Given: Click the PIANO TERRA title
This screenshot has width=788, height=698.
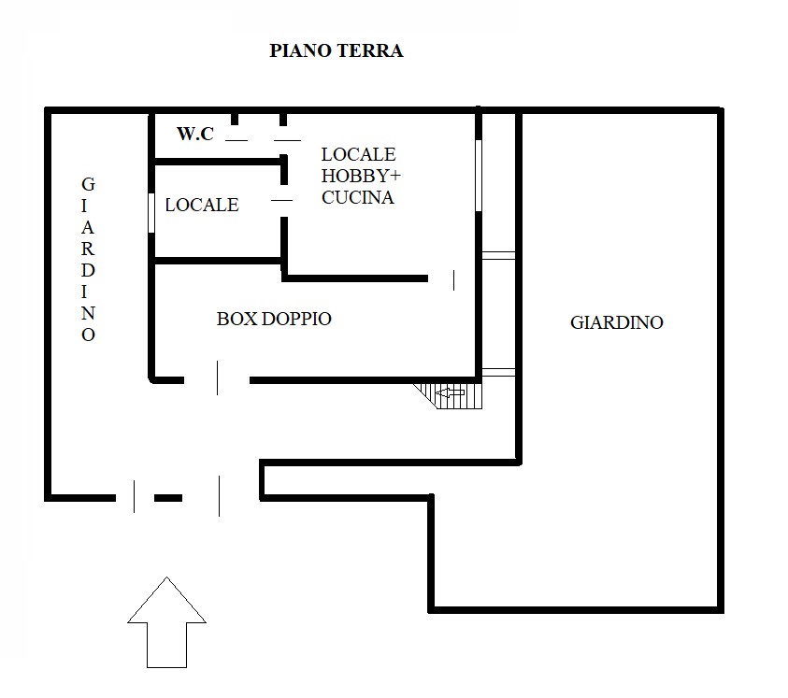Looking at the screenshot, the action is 337,50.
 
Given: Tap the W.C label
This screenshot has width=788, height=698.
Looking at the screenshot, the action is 195,134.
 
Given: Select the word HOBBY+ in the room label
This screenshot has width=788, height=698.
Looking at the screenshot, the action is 361,176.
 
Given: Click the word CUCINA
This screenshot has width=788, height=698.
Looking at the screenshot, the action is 358,197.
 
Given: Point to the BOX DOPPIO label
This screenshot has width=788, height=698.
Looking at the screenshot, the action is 274,319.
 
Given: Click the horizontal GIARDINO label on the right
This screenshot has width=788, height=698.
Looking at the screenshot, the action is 617,322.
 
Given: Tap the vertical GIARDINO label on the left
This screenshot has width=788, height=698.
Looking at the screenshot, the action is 88,260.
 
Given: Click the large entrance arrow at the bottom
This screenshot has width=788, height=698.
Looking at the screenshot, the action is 166,622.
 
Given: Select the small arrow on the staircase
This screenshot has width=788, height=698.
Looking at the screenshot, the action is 451,392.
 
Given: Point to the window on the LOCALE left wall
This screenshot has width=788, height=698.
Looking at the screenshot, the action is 151,213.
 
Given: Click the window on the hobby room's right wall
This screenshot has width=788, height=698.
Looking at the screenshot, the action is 479,176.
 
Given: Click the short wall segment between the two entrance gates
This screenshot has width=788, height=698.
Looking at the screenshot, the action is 168,498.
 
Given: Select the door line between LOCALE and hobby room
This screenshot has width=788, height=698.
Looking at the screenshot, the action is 281,201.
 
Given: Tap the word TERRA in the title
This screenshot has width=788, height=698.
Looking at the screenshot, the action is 369,50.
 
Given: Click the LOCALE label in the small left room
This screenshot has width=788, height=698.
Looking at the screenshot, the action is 202,205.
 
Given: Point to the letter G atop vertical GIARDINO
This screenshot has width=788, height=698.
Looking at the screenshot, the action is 88,184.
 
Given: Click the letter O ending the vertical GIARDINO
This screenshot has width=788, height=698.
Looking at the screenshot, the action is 88,335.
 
